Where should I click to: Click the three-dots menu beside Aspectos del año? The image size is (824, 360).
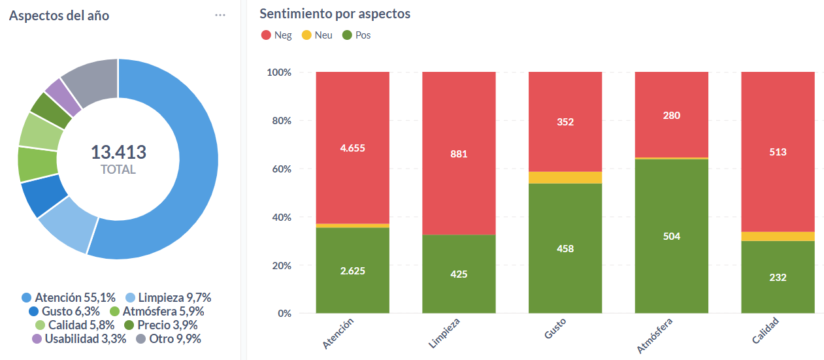pyautogui.click(x=220, y=16)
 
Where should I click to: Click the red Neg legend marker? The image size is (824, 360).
pyautogui.click(x=266, y=35)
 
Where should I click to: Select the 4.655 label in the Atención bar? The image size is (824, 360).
pyautogui.click(x=352, y=148)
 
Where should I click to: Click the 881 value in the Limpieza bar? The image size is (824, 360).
pyautogui.click(x=459, y=154)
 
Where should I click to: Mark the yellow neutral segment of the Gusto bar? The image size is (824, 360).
pyautogui.click(x=565, y=178)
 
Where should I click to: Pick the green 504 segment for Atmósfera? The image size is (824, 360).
pyautogui.click(x=671, y=236)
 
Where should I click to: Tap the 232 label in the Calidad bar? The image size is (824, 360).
pyautogui.click(x=778, y=277)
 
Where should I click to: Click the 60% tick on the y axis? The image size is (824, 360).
pyautogui.click(x=281, y=169)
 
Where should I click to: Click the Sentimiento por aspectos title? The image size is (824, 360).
pyautogui.click(x=335, y=14)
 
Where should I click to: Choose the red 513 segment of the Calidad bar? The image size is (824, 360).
pyautogui.click(x=778, y=152)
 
